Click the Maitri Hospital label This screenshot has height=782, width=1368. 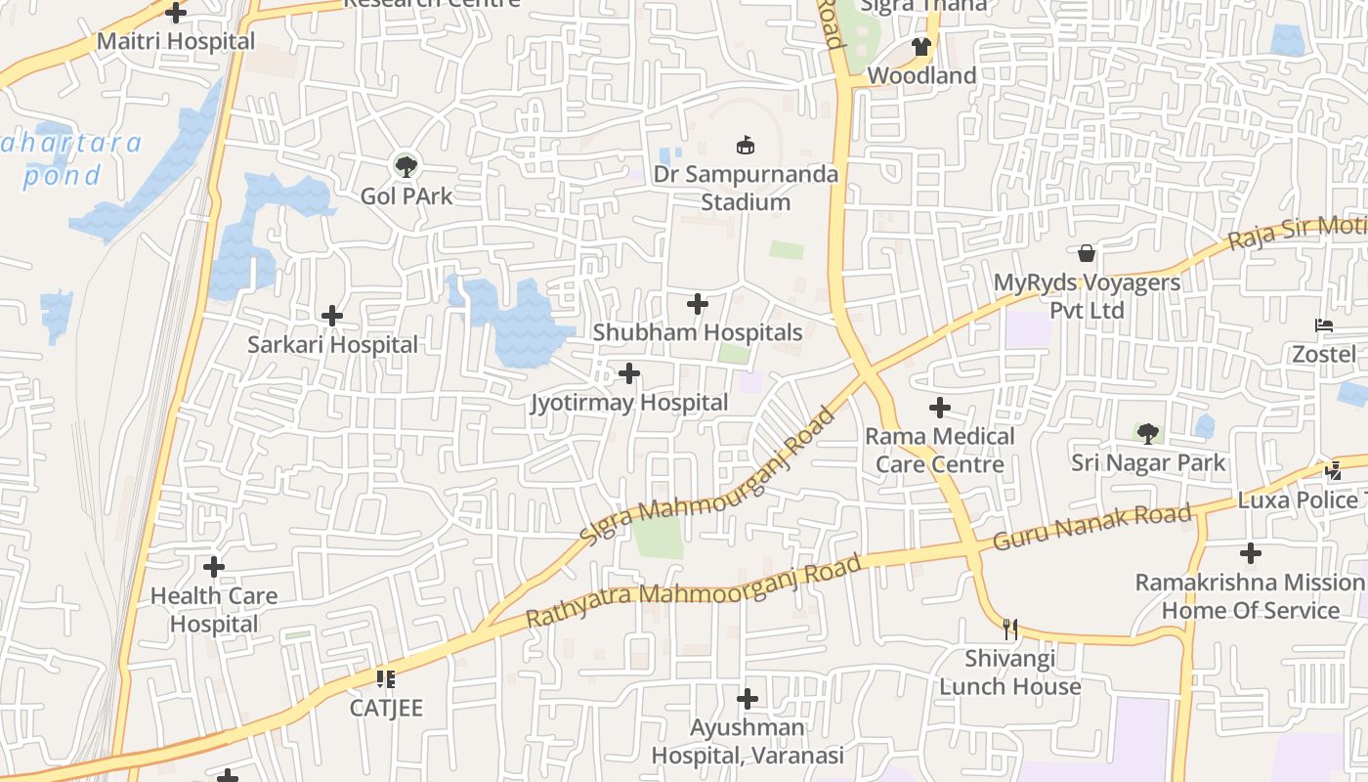click(176, 42)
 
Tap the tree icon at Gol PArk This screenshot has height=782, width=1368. click(406, 166)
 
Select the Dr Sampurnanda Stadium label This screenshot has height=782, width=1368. click(747, 188)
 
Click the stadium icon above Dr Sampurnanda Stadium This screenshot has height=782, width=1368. click(747, 146)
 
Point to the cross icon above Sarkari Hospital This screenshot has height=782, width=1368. click(332, 316)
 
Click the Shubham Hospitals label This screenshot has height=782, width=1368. click(698, 332)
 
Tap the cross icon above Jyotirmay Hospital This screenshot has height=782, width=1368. click(629, 373)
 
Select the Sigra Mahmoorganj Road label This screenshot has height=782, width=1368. click(708, 476)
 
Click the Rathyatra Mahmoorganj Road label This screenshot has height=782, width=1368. click(694, 591)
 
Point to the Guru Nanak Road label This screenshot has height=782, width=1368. click(1092, 527)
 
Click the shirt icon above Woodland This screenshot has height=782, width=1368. click(920, 46)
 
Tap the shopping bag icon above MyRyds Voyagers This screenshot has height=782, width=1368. click(1087, 254)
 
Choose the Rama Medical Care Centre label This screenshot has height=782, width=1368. click(940, 450)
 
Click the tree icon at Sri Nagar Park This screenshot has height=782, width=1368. click(1147, 433)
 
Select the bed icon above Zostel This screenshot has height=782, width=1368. click(1324, 326)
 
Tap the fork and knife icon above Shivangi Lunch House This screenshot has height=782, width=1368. click(1010, 630)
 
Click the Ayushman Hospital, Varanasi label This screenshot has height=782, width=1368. click(748, 742)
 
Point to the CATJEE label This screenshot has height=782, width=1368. click(387, 707)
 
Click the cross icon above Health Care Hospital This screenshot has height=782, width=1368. click(214, 567)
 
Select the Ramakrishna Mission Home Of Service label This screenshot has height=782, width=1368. click(1250, 596)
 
